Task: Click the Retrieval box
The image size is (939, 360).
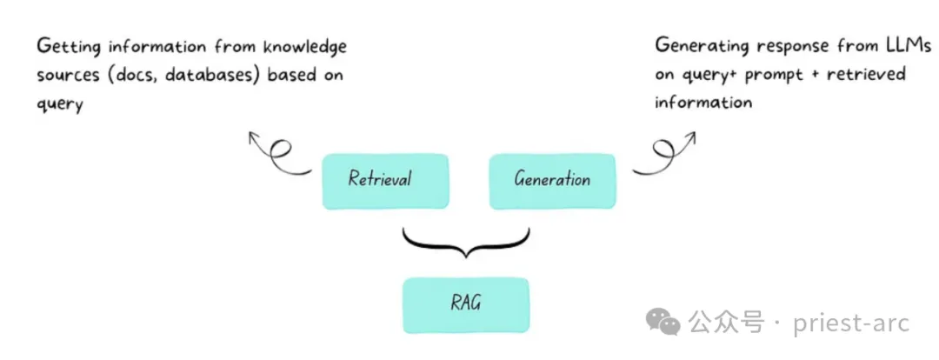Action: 385,182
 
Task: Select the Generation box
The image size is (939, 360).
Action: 552,182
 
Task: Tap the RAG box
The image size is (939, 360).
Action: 466,305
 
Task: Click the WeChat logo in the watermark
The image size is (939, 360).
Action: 663,323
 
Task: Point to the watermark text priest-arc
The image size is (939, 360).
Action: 851,323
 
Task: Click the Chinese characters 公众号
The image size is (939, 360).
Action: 726,323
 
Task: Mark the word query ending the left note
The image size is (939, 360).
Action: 60,105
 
